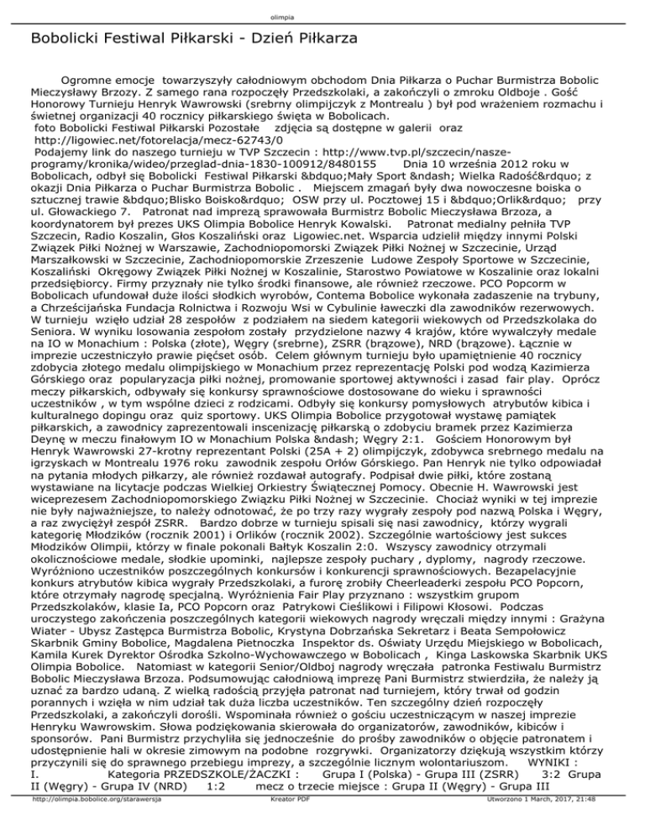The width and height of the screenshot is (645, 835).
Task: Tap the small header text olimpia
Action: click(322, 7)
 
